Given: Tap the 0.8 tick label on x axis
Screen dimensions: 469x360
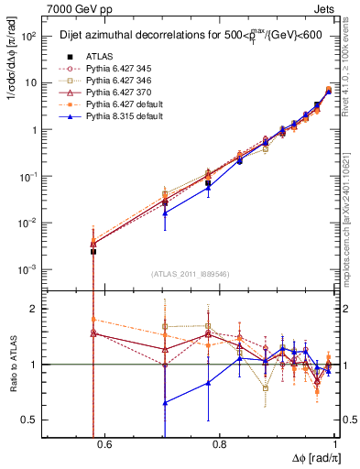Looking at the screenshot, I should click(x=219, y=446).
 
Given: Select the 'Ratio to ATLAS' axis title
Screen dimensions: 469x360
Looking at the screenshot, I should click(x=14, y=365).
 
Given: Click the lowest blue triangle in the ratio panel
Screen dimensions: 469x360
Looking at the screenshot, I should click(x=164, y=402).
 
